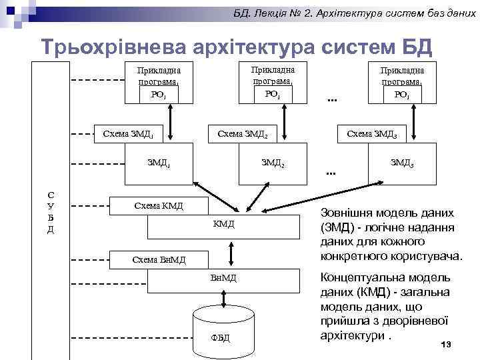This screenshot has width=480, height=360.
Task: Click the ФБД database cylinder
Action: click(224, 326)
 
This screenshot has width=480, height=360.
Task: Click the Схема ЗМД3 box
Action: click(372, 133)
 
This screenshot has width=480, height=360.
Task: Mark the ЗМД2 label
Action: click(273, 162)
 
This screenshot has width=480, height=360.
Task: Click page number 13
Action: click(446, 343)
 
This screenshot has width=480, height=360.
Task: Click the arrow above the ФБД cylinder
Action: click(224, 297)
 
